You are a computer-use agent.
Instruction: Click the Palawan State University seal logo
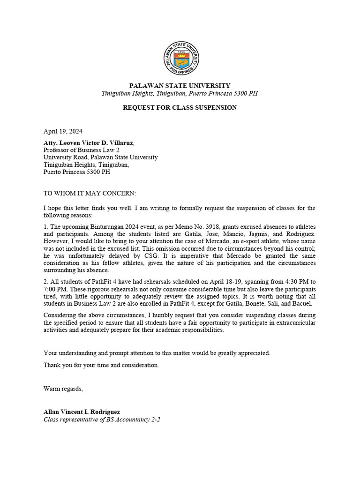180,58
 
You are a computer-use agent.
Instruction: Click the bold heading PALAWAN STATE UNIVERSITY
180,86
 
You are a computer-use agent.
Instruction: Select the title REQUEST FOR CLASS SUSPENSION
180,108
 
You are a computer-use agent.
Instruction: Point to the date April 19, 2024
63,132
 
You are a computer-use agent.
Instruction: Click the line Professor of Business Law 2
82,150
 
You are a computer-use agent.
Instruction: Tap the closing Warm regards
63,389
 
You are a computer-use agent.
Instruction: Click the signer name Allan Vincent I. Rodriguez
82,412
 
